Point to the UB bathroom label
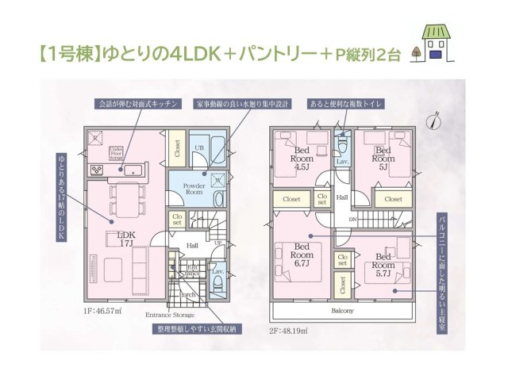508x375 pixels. click(202, 147)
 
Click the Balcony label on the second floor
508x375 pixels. click(342, 311)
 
